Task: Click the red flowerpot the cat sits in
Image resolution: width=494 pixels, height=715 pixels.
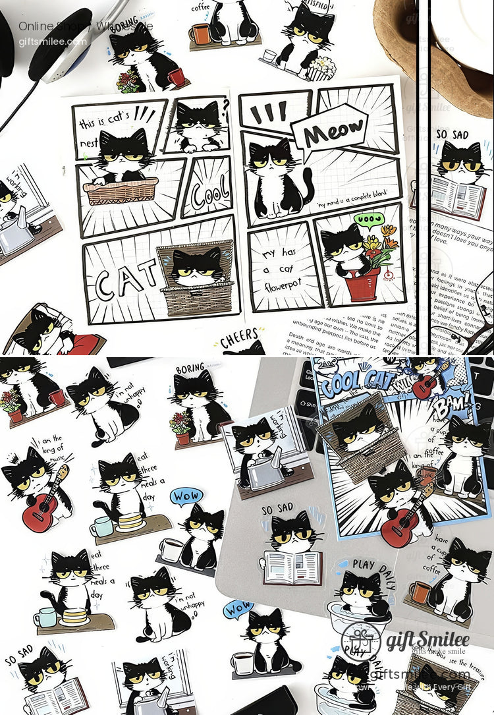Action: click(363, 283)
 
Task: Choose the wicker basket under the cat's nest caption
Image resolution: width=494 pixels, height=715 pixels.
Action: click(121, 190)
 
